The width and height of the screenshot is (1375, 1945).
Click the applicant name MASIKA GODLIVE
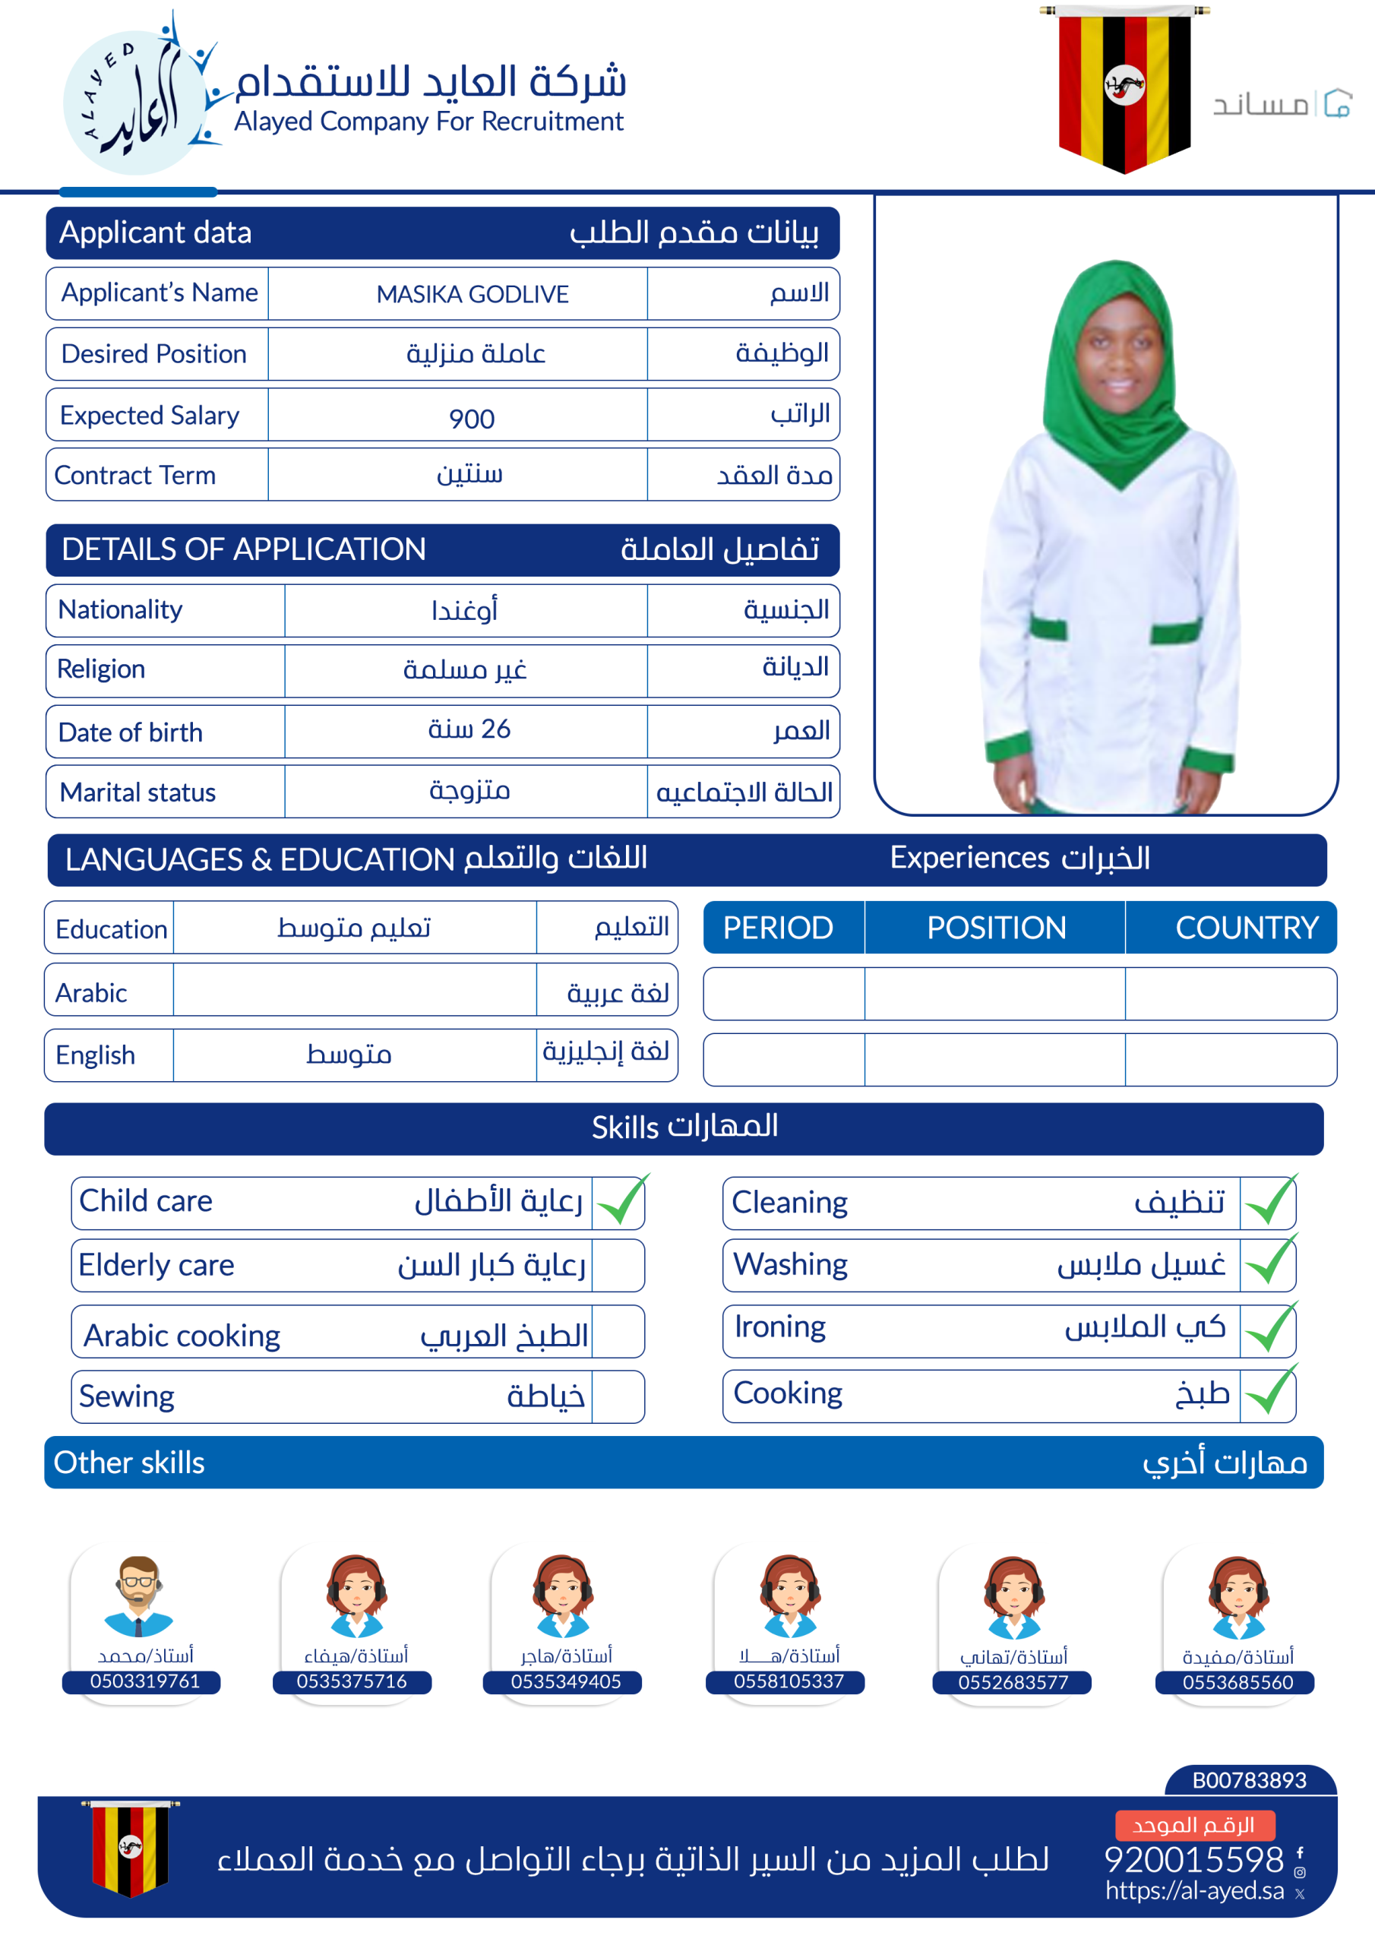point(472,294)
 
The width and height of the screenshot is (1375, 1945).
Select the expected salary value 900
point(472,419)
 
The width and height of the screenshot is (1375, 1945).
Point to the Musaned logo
point(1281,104)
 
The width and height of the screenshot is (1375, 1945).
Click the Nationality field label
point(120,610)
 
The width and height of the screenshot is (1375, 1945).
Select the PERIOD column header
point(778,928)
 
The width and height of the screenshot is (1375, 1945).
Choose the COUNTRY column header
point(1246,928)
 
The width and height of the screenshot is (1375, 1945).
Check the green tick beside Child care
point(621,1201)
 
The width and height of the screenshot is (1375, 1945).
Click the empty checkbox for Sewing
point(618,1397)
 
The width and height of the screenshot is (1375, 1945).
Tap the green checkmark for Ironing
point(1270,1329)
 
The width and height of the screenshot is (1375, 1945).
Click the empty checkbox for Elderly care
point(618,1266)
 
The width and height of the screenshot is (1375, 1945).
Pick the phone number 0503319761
point(145,1681)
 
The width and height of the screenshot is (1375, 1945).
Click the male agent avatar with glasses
point(138,1596)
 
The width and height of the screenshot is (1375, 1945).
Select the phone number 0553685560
point(1237,1682)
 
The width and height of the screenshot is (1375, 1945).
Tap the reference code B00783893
point(1249,1780)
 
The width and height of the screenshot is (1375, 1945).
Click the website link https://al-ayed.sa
point(1193,1891)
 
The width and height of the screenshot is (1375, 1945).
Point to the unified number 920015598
point(1193,1859)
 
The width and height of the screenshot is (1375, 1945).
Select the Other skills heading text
point(129,1463)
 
